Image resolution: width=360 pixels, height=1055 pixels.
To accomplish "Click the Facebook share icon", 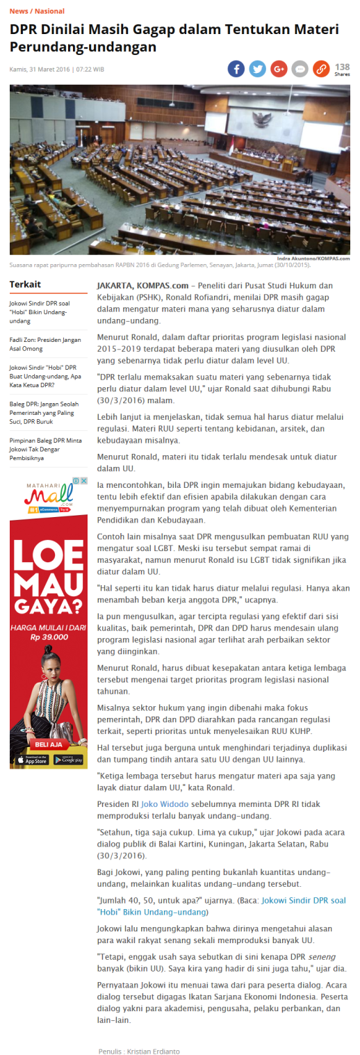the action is pyautogui.click(x=236, y=69).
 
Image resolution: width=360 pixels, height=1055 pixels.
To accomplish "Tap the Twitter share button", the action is pyautogui.click(x=258, y=69).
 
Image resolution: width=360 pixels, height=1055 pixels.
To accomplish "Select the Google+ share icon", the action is pyautogui.click(x=279, y=69).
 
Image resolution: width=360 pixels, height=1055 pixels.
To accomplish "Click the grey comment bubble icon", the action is pyautogui.click(x=300, y=69).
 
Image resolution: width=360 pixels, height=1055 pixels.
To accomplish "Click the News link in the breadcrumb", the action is pyautogui.click(x=19, y=11).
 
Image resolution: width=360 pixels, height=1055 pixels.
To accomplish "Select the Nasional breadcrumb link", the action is pyautogui.click(x=49, y=11).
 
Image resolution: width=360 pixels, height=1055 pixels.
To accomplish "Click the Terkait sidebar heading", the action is pyautogui.click(x=25, y=284).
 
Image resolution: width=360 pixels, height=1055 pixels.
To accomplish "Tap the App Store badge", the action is pyautogui.click(x=29, y=760).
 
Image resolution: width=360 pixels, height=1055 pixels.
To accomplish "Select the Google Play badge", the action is pyautogui.click(x=68, y=760).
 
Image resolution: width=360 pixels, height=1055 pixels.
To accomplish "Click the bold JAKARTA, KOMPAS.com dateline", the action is pyautogui.click(x=142, y=285).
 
